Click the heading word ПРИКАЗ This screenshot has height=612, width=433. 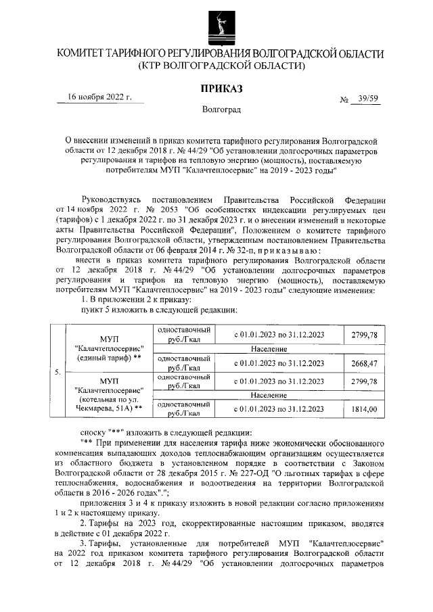click(x=221, y=89)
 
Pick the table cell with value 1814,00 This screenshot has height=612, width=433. click(x=363, y=409)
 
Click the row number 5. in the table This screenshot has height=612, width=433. click(x=56, y=372)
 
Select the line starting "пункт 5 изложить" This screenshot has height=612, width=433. click(x=158, y=310)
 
